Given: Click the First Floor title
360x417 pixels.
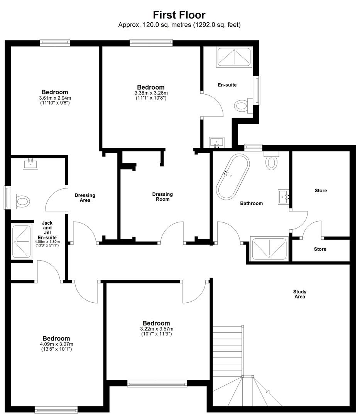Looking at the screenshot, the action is (x=179, y=15).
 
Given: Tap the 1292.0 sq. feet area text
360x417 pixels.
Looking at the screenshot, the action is (x=217, y=25).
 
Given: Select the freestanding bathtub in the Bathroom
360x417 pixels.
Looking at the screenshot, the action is (x=233, y=176).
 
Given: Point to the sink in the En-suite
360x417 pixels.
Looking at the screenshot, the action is (x=216, y=142).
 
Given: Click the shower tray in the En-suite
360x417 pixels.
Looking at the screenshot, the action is (x=234, y=57).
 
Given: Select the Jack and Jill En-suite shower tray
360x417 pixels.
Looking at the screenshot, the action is (x=22, y=241).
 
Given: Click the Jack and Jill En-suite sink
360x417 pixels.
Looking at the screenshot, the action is (x=30, y=164).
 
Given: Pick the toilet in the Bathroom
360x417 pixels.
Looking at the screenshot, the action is (x=271, y=161).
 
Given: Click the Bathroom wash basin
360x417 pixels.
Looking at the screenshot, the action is (x=284, y=197).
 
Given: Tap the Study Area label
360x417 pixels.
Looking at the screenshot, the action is (x=300, y=294).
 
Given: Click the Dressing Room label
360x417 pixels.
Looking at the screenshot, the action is (x=162, y=197).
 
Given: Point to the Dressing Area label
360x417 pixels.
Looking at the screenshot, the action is (x=85, y=198).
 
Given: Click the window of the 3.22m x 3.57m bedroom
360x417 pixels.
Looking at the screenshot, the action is (x=157, y=383).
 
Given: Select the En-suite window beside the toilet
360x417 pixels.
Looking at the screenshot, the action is (x=257, y=90).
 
